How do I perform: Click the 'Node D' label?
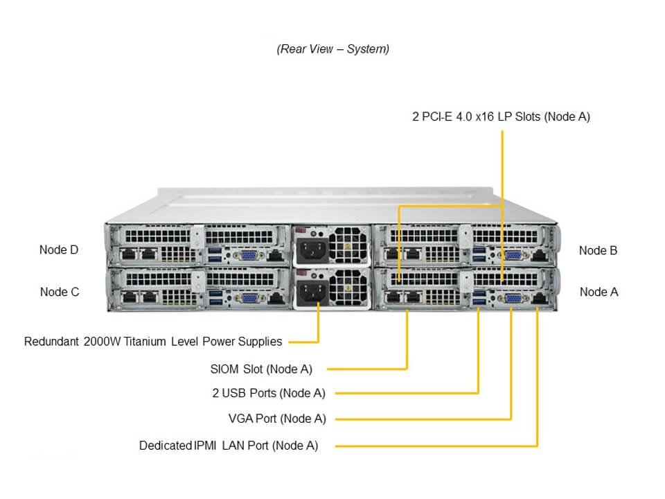[59, 250]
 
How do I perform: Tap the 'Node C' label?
[60, 292]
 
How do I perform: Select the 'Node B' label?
[598, 250]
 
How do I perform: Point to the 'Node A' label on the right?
[598, 292]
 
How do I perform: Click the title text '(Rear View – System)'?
[332, 49]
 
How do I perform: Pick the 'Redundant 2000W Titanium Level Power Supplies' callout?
[153, 341]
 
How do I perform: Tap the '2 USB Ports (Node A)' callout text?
[269, 393]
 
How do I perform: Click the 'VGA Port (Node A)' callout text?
[277, 418]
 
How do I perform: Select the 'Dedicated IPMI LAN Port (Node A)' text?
[229, 446]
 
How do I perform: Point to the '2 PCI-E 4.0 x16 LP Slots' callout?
[501, 116]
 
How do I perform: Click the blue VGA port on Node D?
[247, 256]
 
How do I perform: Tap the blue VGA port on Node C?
[247, 298]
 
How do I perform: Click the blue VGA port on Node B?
[513, 255]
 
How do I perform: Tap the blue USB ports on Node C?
[215, 298]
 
